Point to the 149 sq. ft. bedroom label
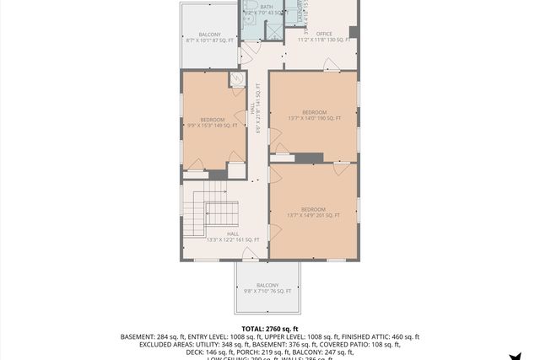[212, 122]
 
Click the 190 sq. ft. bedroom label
[314, 116]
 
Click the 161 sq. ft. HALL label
[233, 237]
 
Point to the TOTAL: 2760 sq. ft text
[270, 328]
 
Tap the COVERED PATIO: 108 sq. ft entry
[364, 344]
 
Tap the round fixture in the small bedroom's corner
[238, 80]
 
